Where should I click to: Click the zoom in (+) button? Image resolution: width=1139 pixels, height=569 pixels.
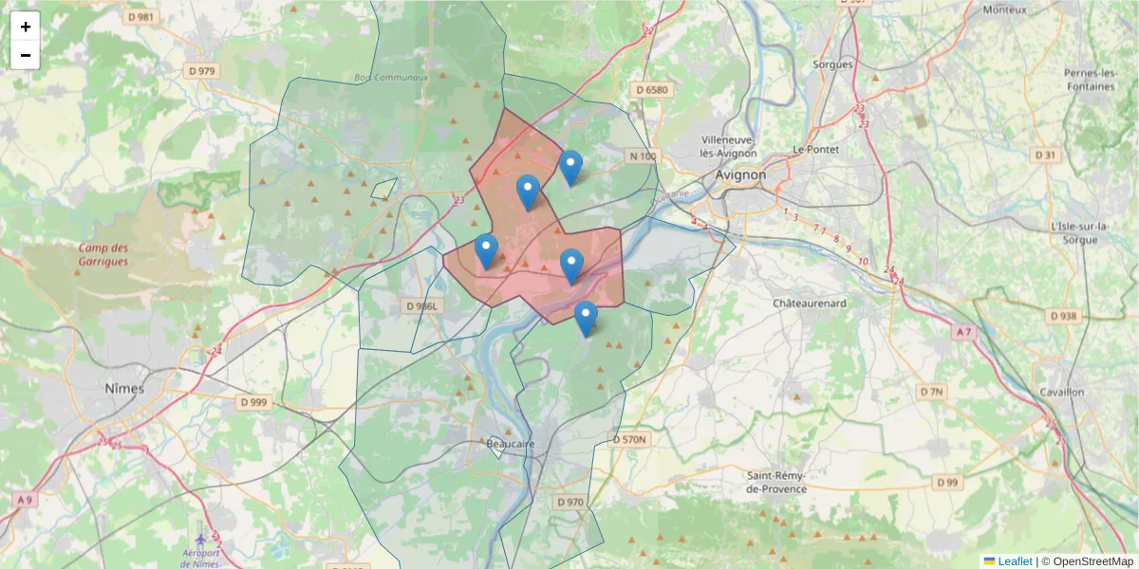pos(26,27)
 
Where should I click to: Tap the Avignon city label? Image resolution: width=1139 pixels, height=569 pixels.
pos(739,174)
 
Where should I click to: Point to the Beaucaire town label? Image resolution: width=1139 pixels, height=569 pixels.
pos(511,443)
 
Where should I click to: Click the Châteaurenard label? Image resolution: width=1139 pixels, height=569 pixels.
pos(810,304)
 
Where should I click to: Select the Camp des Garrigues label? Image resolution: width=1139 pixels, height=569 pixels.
pos(103,253)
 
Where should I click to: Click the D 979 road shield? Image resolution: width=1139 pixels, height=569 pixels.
pos(202,71)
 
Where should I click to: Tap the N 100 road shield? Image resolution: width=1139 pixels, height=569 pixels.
pos(643,156)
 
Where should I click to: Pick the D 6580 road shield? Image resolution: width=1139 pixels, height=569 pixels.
pos(652,90)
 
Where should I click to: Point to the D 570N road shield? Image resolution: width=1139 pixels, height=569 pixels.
pos(629,439)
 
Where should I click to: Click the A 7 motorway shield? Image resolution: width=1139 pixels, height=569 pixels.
pos(964,331)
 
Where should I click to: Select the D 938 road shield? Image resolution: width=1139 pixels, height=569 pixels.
pos(1064,315)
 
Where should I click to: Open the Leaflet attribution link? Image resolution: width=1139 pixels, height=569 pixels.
pos(1015,561)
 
